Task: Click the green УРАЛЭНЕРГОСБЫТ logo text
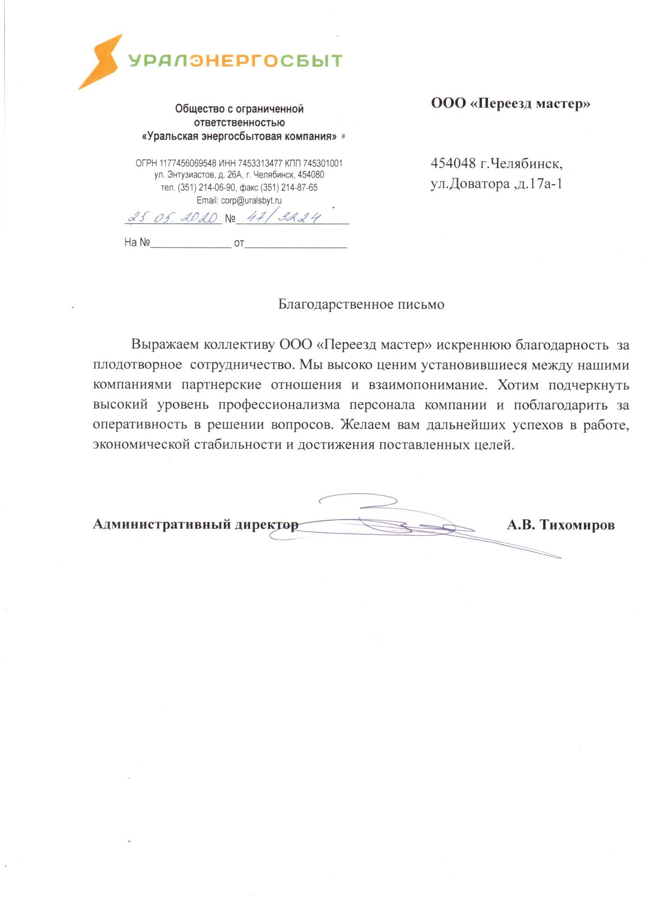tap(236, 61)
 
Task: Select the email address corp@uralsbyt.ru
tap(251, 200)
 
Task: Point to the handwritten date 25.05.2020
tap(173, 218)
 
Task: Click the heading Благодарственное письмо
tap(361, 304)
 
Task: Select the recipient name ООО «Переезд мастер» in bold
tap(511, 104)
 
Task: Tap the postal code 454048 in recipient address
tap(453, 163)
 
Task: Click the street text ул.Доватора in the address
tap(470, 184)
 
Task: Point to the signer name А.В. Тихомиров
tap(561, 525)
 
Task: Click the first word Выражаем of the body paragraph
tap(164, 345)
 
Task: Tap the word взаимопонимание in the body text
tap(428, 385)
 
